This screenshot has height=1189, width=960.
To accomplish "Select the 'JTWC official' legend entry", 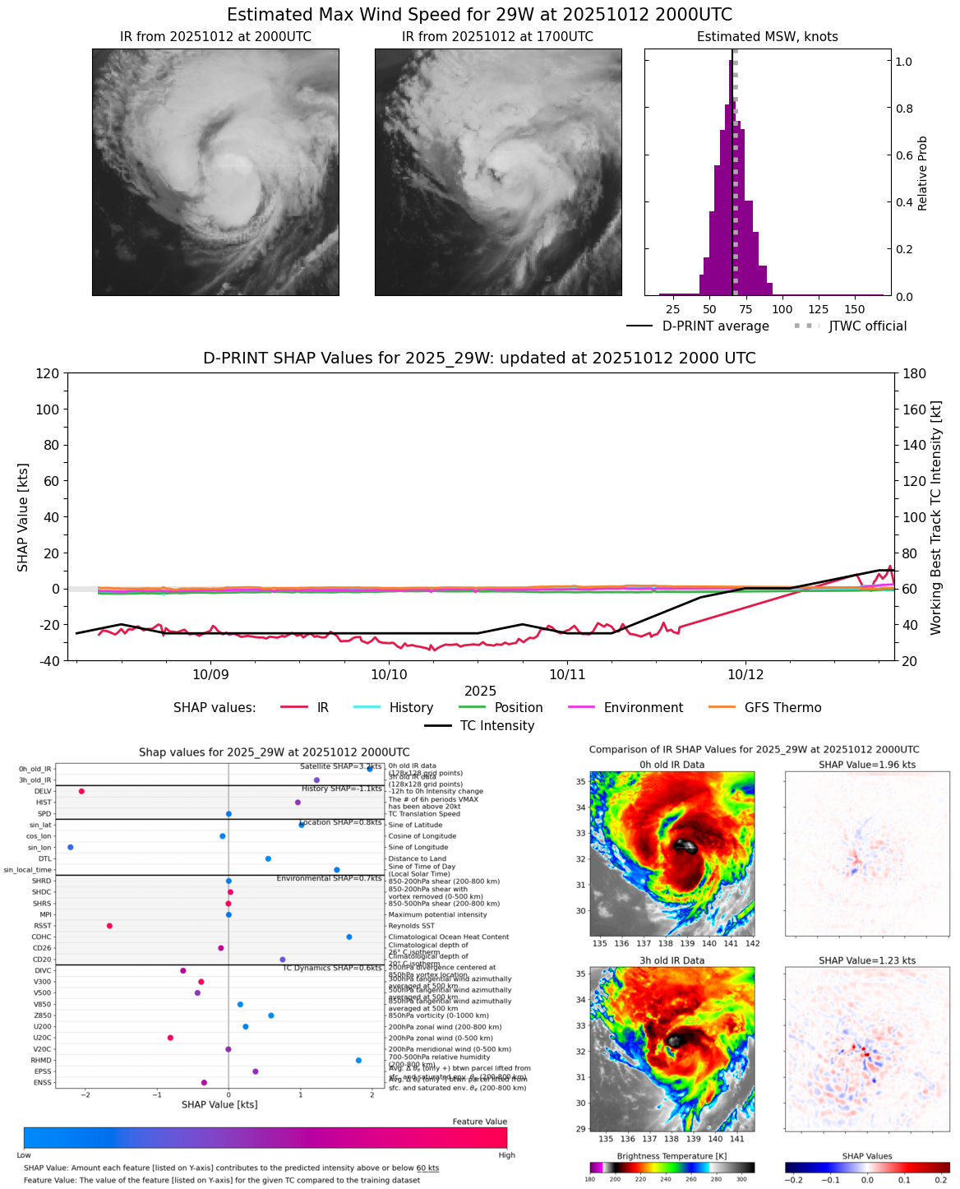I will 867,326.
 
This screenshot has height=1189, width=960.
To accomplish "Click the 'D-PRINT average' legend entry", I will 715,326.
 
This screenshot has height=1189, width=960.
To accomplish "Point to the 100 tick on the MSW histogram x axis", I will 782,309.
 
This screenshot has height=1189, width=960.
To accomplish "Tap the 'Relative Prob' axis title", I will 922,173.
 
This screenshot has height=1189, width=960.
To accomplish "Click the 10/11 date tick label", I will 566,674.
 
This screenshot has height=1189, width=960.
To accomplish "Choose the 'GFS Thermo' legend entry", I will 782,708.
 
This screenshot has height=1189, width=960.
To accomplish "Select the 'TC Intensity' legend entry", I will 496,726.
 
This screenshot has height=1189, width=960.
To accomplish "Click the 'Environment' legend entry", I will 643,708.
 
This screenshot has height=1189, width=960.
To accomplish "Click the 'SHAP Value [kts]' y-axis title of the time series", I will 23,516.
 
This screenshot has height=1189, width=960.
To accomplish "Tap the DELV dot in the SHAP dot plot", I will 81,791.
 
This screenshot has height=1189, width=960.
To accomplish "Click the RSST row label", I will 42,926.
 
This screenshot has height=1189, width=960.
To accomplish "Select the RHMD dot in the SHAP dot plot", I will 358,1061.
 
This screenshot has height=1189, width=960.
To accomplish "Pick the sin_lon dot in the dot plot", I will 71,847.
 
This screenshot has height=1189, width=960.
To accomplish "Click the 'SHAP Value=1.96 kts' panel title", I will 866,765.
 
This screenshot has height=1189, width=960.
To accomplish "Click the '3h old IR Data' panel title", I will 672,960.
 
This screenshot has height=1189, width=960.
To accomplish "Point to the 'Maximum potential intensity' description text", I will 437,914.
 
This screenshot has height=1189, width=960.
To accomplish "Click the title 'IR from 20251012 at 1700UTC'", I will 497,37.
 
